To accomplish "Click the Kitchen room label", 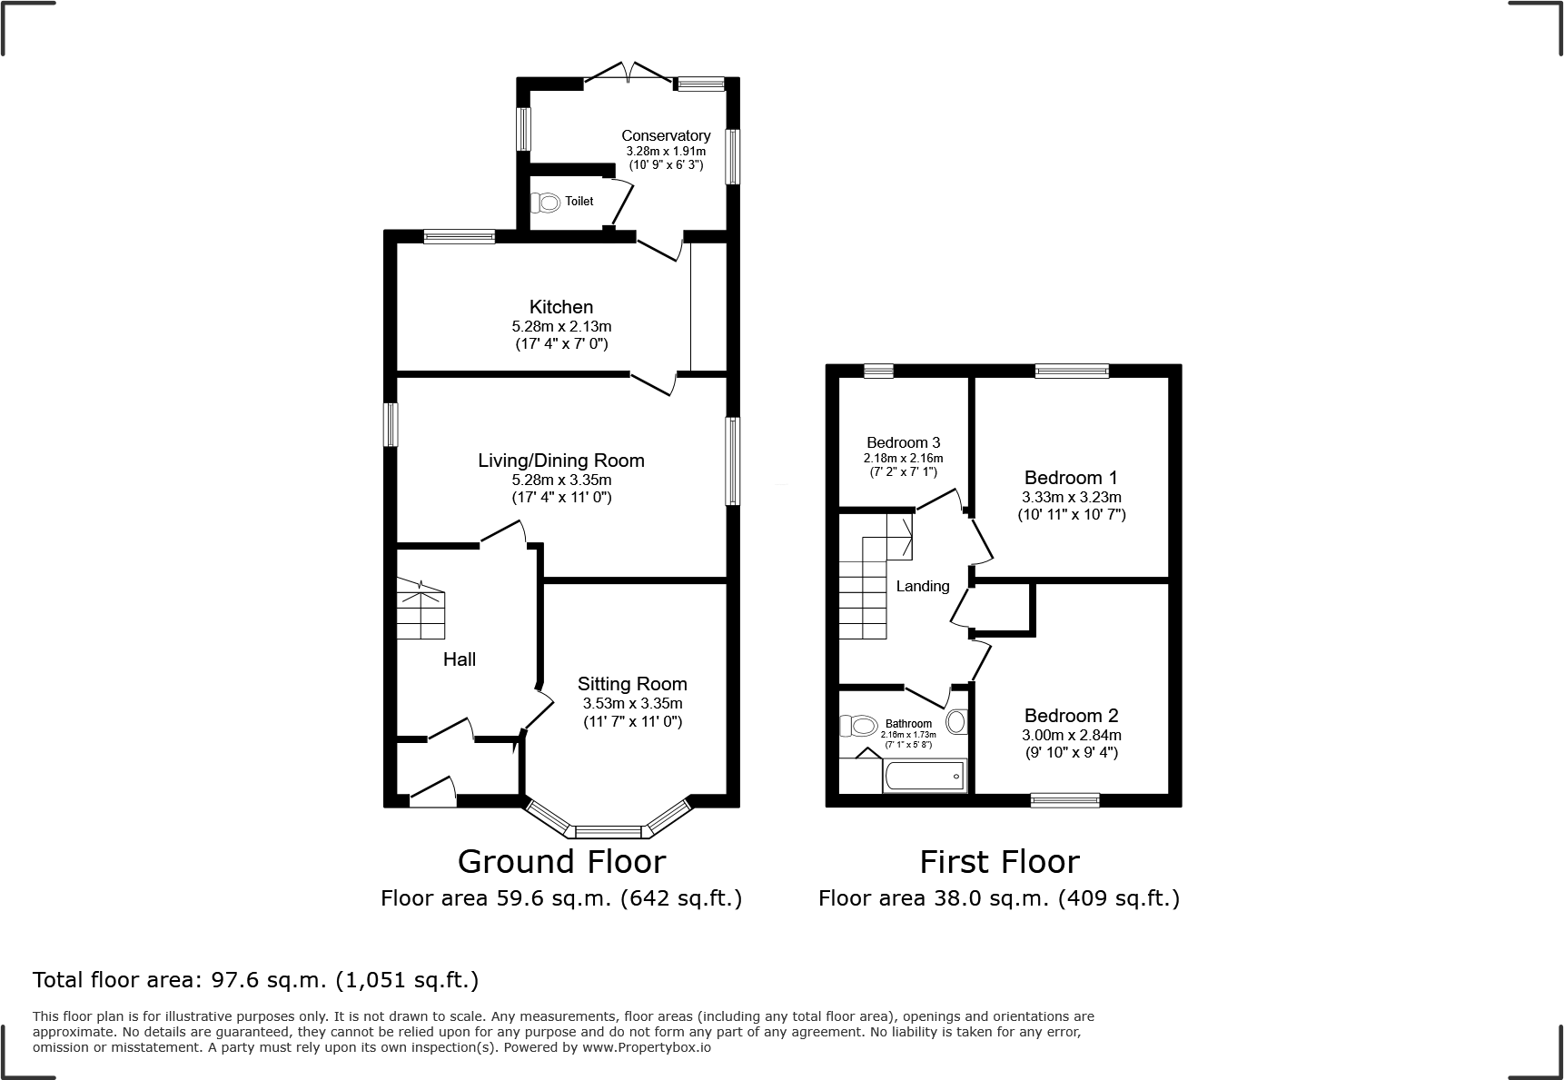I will point(561,307).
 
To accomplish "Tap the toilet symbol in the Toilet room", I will point(546,202).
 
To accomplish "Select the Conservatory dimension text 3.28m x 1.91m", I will point(666,151).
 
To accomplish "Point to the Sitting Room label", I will point(632,684).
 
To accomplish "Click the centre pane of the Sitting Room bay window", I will point(608,830).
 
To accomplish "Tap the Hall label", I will point(459,659).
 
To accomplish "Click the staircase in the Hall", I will point(421,610).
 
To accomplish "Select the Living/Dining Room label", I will point(561,461).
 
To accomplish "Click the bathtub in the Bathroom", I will point(924,777).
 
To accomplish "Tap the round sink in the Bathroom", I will point(956,722).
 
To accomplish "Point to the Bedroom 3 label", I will point(903,443).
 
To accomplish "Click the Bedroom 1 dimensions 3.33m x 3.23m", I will point(1071,497).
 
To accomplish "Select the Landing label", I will point(923,586).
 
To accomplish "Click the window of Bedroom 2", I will point(1065,800).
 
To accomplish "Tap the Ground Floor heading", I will point(561,861).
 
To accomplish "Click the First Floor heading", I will point(999,861).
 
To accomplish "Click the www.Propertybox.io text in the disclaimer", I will point(646,1047).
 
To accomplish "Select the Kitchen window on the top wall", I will point(459,237).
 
